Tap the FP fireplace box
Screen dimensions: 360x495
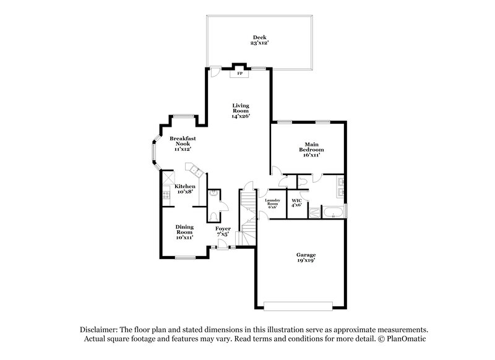(x=239, y=74)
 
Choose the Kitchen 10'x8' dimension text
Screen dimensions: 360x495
(x=184, y=192)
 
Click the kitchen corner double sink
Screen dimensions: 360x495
(x=196, y=169)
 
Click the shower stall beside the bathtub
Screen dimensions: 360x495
(x=314, y=214)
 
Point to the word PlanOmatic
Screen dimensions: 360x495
(x=406, y=340)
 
